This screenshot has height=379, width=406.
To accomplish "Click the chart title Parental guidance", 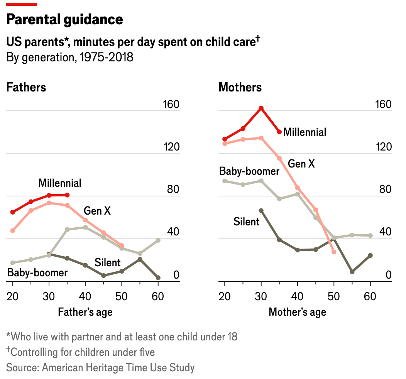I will [65, 19].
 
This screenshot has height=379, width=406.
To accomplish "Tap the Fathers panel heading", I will [26, 87].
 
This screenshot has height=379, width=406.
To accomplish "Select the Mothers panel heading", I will [240, 87].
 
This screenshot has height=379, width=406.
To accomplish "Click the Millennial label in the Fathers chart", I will [60, 183].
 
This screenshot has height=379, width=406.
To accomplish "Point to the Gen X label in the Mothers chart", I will [301, 164].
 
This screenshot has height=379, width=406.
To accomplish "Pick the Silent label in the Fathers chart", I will [108, 263].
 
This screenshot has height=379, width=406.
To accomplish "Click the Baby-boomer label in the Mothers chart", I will [249, 171].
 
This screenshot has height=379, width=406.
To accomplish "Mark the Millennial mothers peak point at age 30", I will [261, 108].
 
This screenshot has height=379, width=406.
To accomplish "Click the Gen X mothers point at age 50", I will [334, 252].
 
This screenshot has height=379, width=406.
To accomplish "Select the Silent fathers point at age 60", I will [158, 277].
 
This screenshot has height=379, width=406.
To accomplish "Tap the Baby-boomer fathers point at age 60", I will [158, 240].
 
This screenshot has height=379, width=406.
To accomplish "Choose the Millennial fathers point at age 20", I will [13, 212].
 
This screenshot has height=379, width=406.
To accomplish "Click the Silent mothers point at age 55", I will [352, 272].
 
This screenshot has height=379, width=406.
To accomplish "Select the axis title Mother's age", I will [297, 312].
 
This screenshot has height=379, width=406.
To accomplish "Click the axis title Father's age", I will [85, 312].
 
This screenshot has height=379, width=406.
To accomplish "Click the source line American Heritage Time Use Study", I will [100, 367].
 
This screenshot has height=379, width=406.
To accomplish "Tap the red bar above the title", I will [22, 4].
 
